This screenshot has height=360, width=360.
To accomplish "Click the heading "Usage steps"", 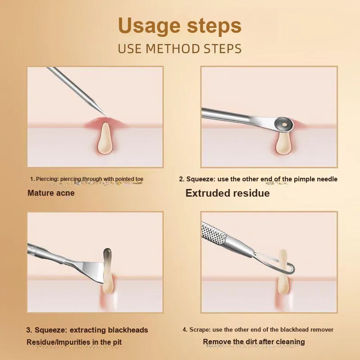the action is coord(180,26).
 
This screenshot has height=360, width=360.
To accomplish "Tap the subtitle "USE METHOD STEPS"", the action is coord(180,49).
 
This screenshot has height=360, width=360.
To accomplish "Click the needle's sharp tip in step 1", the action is coord(106,115).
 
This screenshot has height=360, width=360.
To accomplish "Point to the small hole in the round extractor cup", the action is coord(285,125).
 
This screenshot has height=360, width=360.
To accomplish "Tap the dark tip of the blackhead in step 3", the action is coord(108,253).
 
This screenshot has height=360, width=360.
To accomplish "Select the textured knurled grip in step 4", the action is coord(213,234).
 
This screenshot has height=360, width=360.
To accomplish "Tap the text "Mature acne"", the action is coord(51,193).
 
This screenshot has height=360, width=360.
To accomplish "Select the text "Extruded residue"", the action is coord(228,193).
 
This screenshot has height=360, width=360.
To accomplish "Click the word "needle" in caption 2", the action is coord(327,179).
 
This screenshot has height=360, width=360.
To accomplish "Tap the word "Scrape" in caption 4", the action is coord(199,330).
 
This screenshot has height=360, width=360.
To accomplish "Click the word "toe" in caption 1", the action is coord(139,179).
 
